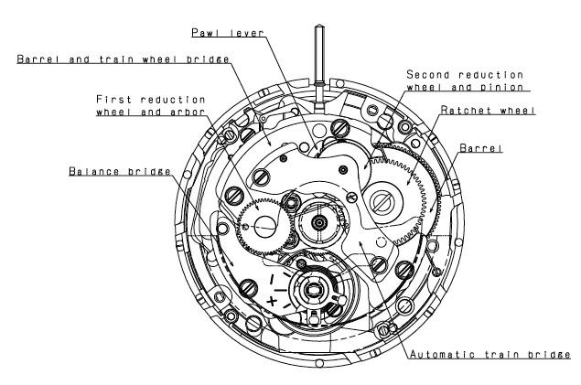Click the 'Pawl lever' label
coord(228,33)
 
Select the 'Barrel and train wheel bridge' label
coord(123,59)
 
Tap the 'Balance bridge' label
coord(120,171)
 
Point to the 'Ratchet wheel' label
coord(488,111)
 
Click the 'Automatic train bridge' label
coord(490,354)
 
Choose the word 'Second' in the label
coord(429,75)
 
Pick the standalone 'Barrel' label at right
coord(481,148)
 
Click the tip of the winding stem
coord(319,26)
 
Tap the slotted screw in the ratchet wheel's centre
coord(382,202)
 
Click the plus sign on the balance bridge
coord(272,301)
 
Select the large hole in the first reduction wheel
coord(265,226)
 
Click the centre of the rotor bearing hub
coord(319,222)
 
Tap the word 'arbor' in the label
coord(188,112)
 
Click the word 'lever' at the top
coord(247,33)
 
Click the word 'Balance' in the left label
coord(94,171)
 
